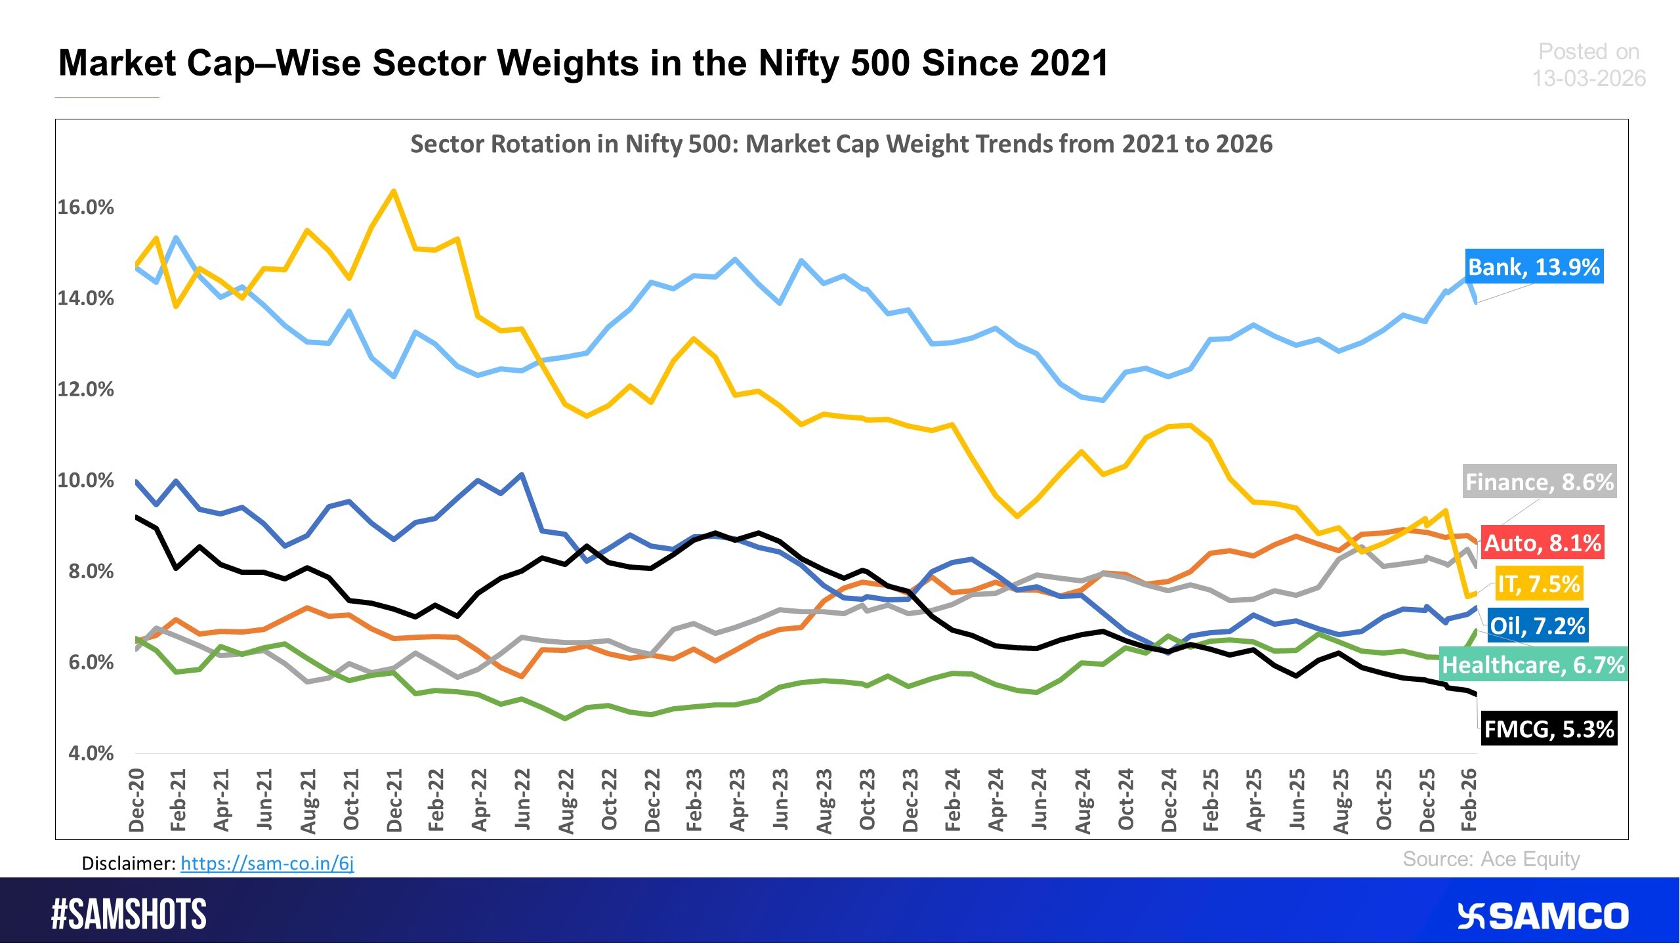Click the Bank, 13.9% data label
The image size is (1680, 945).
pyautogui.click(x=1534, y=266)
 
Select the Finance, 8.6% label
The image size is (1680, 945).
pyautogui.click(x=1539, y=482)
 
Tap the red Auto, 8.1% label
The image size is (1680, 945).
pyautogui.click(x=1542, y=543)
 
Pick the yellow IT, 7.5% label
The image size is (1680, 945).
pyautogui.click(x=1538, y=583)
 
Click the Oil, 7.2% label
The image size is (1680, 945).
pyautogui.click(x=1537, y=625)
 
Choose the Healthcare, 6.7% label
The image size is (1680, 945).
pyautogui.click(x=1533, y=665)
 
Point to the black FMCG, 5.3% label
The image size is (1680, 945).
pyautogui.click(x=1548, y=728)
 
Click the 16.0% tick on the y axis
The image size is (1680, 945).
pyautogui.click(x=85, y=207)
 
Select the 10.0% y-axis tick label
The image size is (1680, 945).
pyautogui.click(x=85, y=480)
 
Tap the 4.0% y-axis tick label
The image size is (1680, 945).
pyautogui.click(x=91, y=753)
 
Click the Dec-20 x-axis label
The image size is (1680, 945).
pyautogui.click(x=136, y=800)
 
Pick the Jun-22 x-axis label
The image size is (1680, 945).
pyautogui.click(x=522, y=800)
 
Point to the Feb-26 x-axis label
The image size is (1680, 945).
pyautogui.click(x=1469, y=800)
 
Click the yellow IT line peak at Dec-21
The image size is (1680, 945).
pyautogui.click(x=394, y=192)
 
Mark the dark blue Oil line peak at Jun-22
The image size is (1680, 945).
pyautogui.click(x=522, y=474)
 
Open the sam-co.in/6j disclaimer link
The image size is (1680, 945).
pyautogui.click(x=267, y=863)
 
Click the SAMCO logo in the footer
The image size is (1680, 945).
pyautogui.click(x=1543, y=915)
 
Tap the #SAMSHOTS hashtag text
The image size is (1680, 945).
pyautogui.click(x=129, y=914)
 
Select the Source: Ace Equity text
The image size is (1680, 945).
pyautogui.click(x=1491, y=859)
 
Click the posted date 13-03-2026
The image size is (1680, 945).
pyautogui.click(x=1589, y=79)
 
